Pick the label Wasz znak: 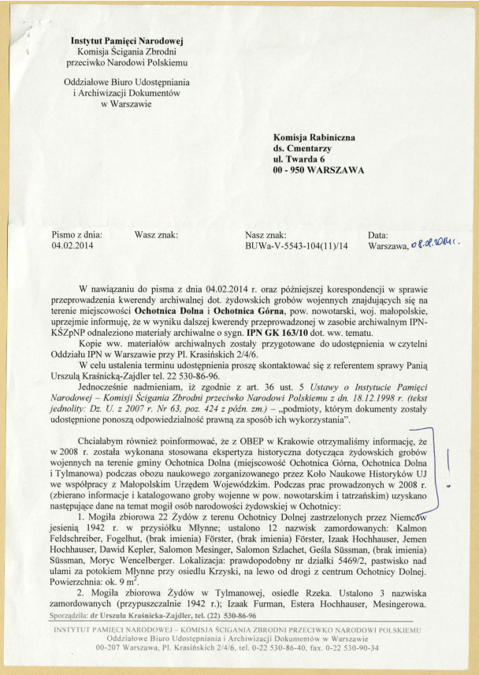[x=155, y=234]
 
